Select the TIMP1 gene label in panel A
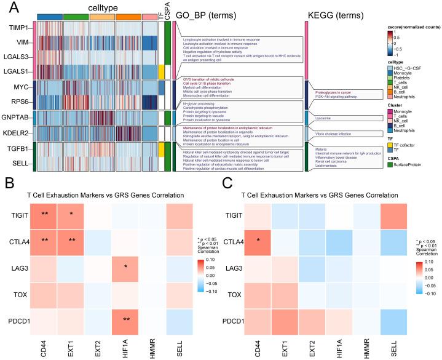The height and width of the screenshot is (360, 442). coord(20,30)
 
